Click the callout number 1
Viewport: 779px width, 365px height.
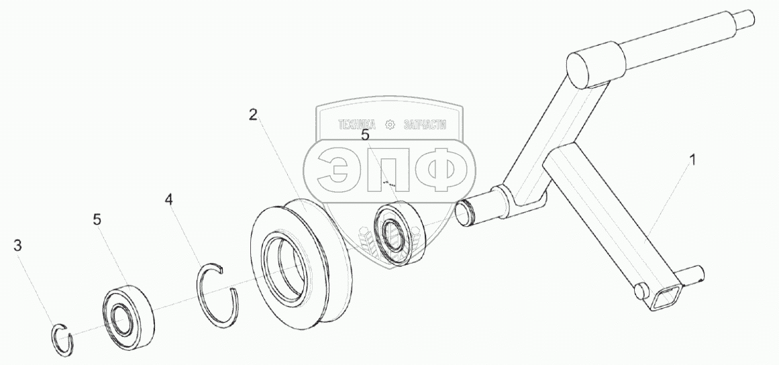(693, 160)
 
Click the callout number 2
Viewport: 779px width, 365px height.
(253, 114)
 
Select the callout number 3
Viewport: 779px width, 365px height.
(18, 246)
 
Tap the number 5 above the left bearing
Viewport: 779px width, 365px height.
(97, 219)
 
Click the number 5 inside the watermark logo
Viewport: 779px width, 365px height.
(365, 135)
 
